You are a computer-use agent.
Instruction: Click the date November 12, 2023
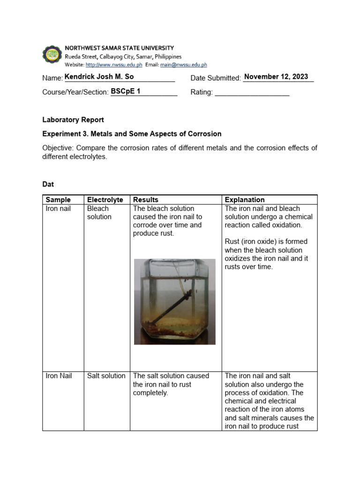[x=276, y=77]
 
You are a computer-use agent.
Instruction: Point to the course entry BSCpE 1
[x=126, y=91]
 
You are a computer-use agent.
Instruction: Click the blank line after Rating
[x=252, y=92]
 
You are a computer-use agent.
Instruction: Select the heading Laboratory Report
[x=73, y=120]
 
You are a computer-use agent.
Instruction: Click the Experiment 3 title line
[x=132, y=134]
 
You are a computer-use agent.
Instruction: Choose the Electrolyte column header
[x=105, y=200]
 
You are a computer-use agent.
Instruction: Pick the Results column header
[x=146, y=200]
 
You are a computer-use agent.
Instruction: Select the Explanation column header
[x=245, y=200]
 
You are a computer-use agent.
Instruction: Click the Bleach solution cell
[x=99, y=213]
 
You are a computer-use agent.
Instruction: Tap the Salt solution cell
[x=106, y=376]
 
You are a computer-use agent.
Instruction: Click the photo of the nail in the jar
[x=174, y=301]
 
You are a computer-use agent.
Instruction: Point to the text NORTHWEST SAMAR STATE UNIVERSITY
[x=119, y=48]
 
